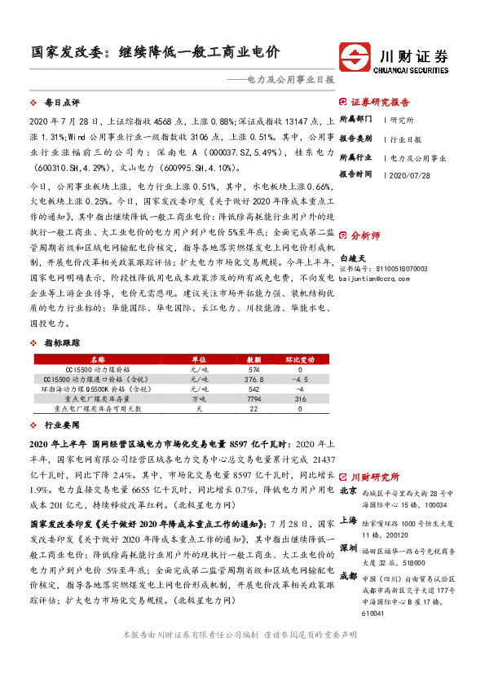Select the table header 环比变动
[x=299, y=358]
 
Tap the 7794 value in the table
[x=253, y=399]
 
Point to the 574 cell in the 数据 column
[x=253, y=369]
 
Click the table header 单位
[x=199, y=358]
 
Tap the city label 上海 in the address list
[x=347, y=519]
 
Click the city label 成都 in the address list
[x=347, y=575]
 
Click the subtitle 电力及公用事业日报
[x=289, y=81]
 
